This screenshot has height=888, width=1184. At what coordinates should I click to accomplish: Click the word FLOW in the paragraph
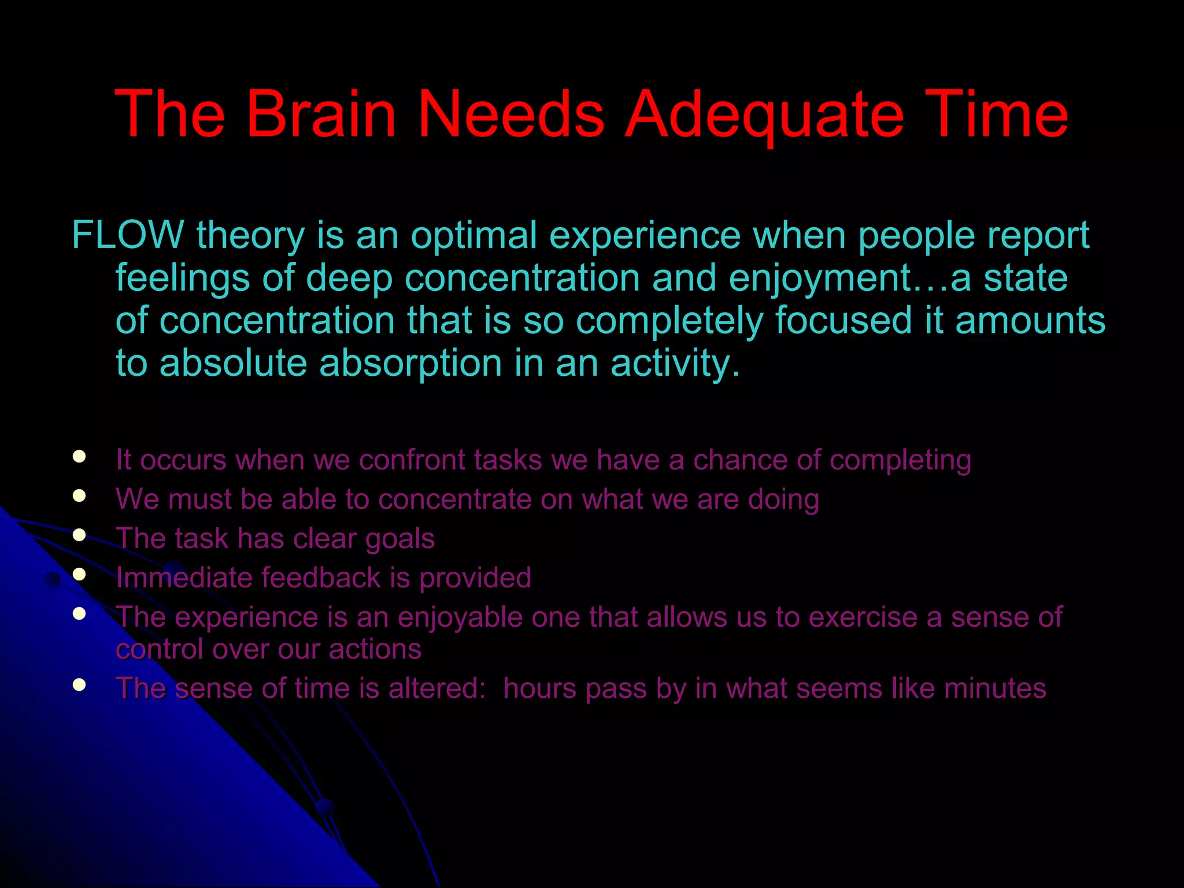[127, 235]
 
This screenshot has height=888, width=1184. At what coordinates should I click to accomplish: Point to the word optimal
[474, 235]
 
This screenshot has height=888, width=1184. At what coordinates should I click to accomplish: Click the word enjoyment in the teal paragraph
[820, 279]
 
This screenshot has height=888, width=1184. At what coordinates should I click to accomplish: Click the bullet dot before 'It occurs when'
[80, 457]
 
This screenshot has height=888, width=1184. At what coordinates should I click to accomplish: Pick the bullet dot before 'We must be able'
[80, 495]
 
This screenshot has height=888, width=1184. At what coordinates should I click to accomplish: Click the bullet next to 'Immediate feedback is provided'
[80, 574]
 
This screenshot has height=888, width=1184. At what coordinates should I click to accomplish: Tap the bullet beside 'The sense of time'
[80, 685]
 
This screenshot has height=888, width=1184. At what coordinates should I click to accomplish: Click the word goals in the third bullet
[399, 539]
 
